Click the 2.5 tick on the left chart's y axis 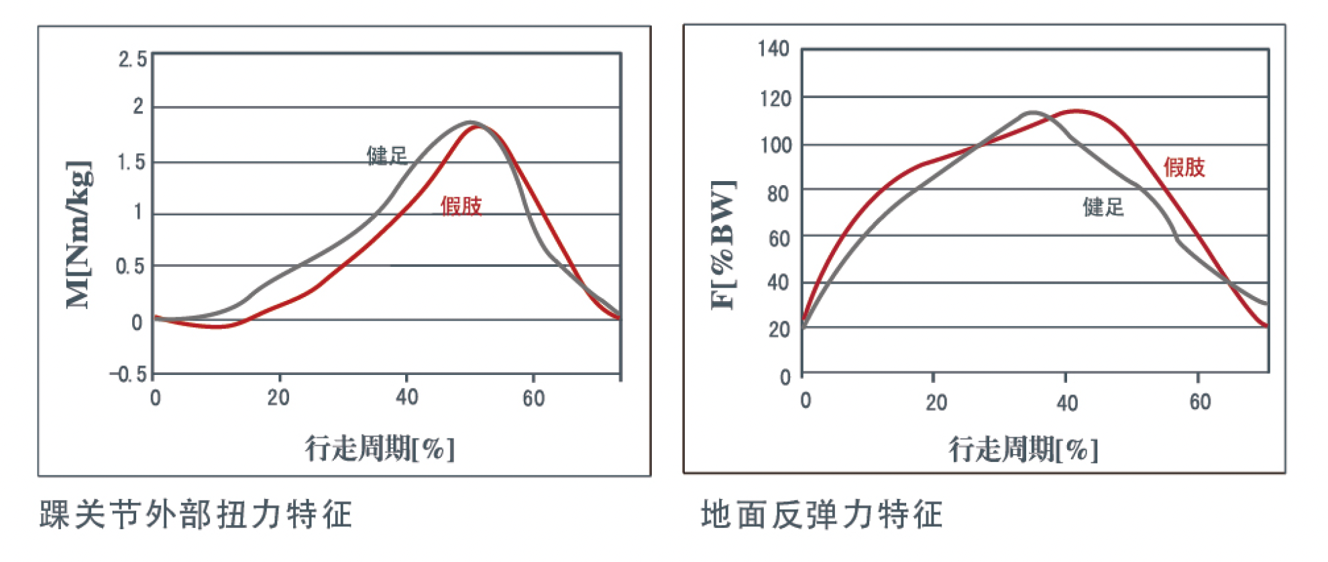133,59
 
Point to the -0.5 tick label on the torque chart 128,374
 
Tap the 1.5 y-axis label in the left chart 131,162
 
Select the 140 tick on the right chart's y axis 774,48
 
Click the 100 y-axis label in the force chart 776,145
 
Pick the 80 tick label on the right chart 778,194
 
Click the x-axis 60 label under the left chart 534,398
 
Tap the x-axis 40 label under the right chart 1067,402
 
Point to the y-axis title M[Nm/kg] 78,235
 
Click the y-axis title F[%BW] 723,245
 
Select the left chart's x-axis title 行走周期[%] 380,448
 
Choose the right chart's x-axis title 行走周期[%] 1023,449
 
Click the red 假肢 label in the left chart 461,205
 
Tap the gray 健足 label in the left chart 387,156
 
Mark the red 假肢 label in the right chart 1184,167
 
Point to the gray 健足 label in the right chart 1103,207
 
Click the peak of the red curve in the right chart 1077,111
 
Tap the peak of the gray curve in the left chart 470,122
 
